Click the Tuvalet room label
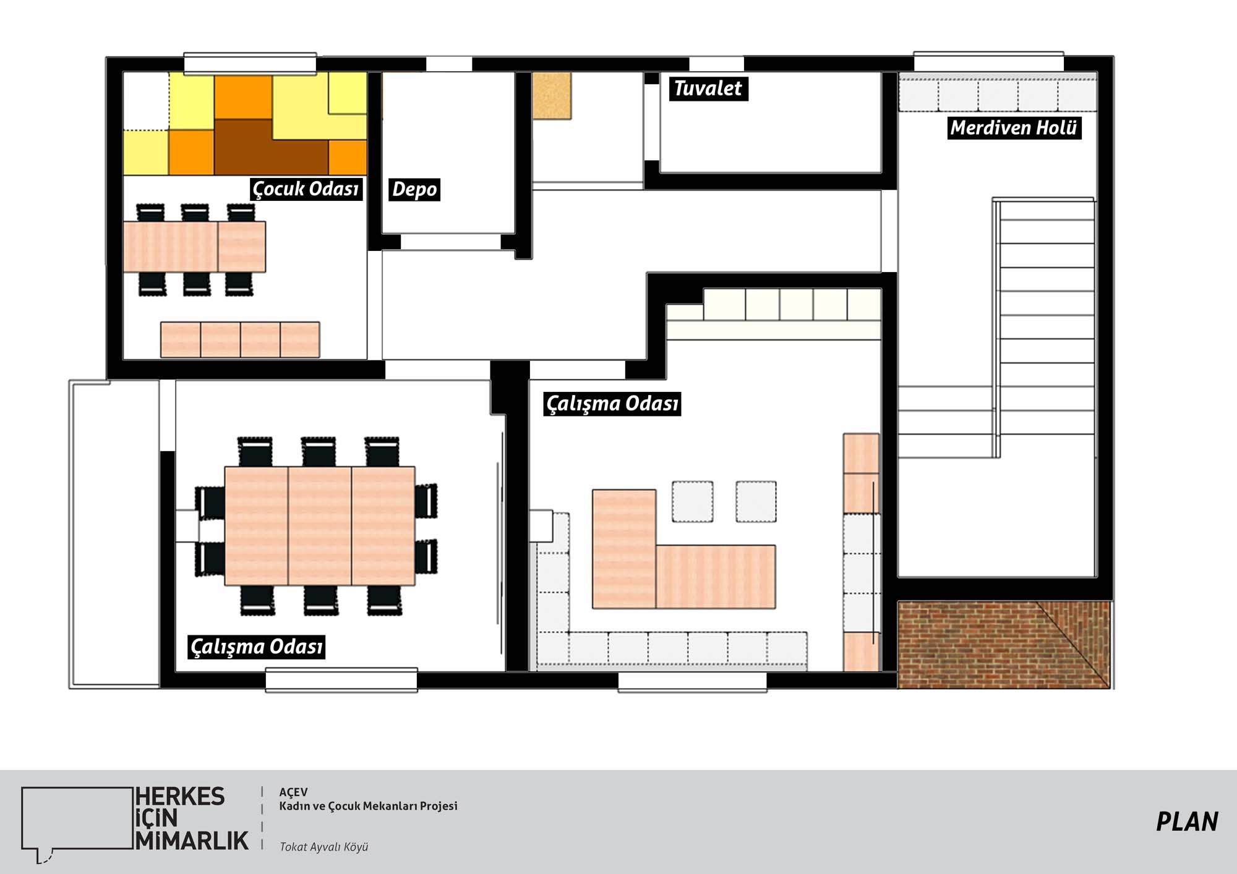[x=708, y=88]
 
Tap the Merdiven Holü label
[x=1014, y=128]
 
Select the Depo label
[x=414, y=189]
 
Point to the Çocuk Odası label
[x=306, y=189]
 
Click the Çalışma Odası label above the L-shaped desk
[x=612, y=404]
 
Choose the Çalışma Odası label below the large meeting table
[x=256, y=647]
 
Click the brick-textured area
[x=1003, y=645]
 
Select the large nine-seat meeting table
[x=320, y=526]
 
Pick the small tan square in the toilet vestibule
[x=552, y=96]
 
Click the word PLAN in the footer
[x=1187, y=822]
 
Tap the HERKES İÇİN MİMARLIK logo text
[x=192, y=818]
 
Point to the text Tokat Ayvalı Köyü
[x=323, y=847]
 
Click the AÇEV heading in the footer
[x=293, y=792]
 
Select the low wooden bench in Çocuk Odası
[x=240, y=339]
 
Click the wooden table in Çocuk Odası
[x=194, y=247]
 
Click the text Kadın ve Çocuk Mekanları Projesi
[x=368, y=806]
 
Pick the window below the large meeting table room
[x=341, y=680]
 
